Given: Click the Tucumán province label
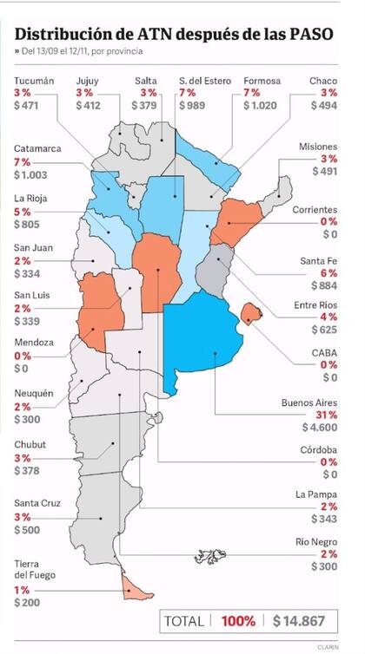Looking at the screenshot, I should [x=34, y=81].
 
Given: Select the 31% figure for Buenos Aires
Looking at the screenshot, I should [x=327, y=415].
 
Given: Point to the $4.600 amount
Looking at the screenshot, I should [x=320, y=428].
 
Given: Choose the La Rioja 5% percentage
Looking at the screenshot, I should [x=21, y=211].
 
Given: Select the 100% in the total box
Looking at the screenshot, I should [x=236, y=621].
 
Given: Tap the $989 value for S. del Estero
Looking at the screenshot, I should [x=192, y=106].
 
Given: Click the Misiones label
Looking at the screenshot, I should [x=317, y=147].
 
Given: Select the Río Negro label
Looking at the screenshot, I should [x=315, y=542].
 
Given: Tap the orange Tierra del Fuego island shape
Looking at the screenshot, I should [x=132, y=588].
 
